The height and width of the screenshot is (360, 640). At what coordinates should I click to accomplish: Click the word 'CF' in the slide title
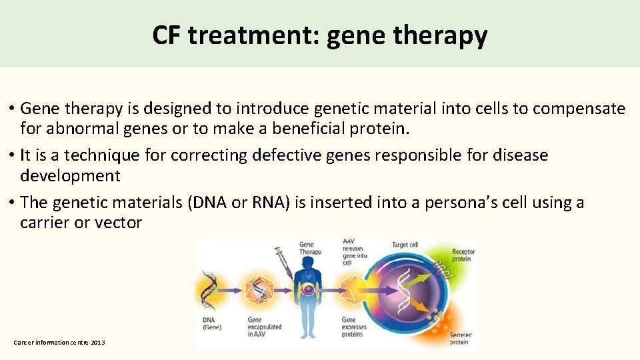click(167, 35)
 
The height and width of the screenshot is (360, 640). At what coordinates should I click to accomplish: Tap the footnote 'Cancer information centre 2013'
click(59, 342)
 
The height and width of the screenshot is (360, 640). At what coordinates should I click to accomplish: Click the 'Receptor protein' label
click(463, 255)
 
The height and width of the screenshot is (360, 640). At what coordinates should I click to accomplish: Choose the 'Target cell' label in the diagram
click(405, 245)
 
